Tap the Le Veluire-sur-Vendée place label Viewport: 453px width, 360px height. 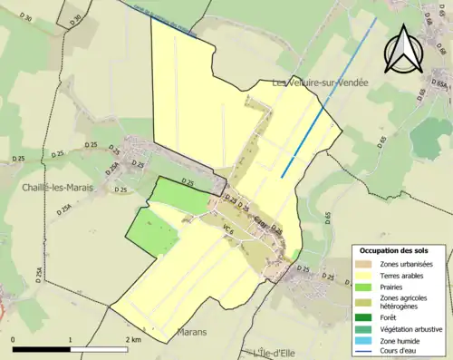(320, 83)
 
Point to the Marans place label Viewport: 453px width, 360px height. (195, 332)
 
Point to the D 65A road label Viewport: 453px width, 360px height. (440, 85)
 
